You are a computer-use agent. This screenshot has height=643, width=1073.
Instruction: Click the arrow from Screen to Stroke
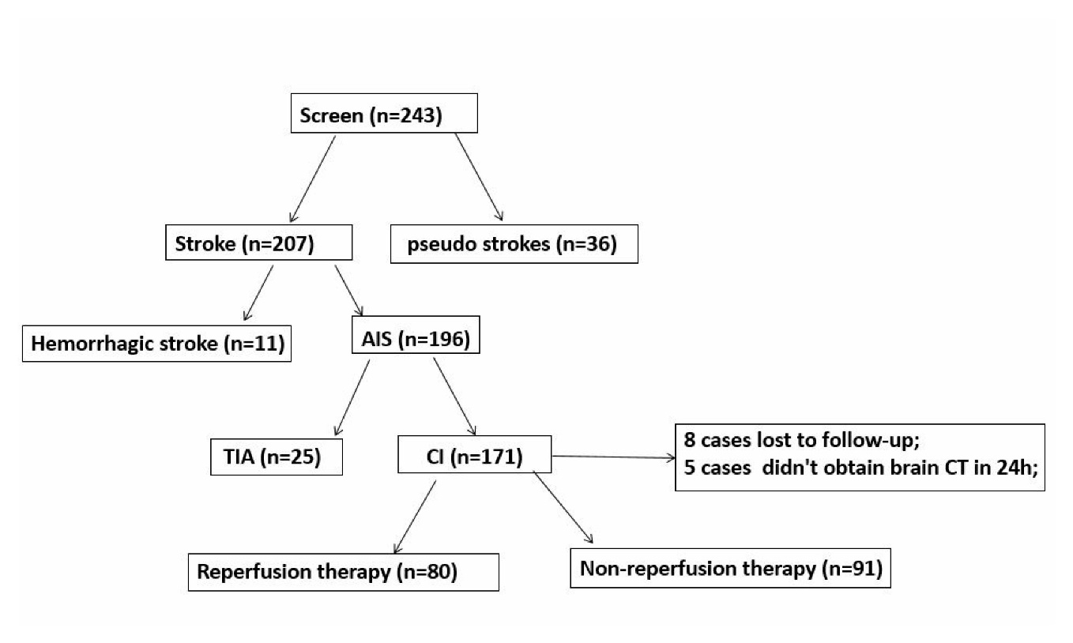pos(312,179)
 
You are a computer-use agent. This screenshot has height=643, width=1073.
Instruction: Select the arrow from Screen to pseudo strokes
pos(479,177)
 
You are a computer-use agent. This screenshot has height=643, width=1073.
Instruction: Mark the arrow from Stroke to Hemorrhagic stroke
pos(258,293)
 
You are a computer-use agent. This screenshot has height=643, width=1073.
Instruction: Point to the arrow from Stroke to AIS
pos(348,291)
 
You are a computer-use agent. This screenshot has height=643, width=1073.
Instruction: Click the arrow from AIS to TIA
pos(352,397)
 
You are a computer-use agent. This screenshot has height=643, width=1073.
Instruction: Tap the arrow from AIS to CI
pos(454,397)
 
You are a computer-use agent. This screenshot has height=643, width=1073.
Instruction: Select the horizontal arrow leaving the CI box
pos(614,457)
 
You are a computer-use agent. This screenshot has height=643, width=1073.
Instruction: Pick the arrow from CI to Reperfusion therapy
pos(415,517)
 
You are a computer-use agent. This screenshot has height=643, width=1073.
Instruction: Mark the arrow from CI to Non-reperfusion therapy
pos(563,507)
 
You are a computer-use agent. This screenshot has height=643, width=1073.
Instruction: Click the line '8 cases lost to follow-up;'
pos(802,439)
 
